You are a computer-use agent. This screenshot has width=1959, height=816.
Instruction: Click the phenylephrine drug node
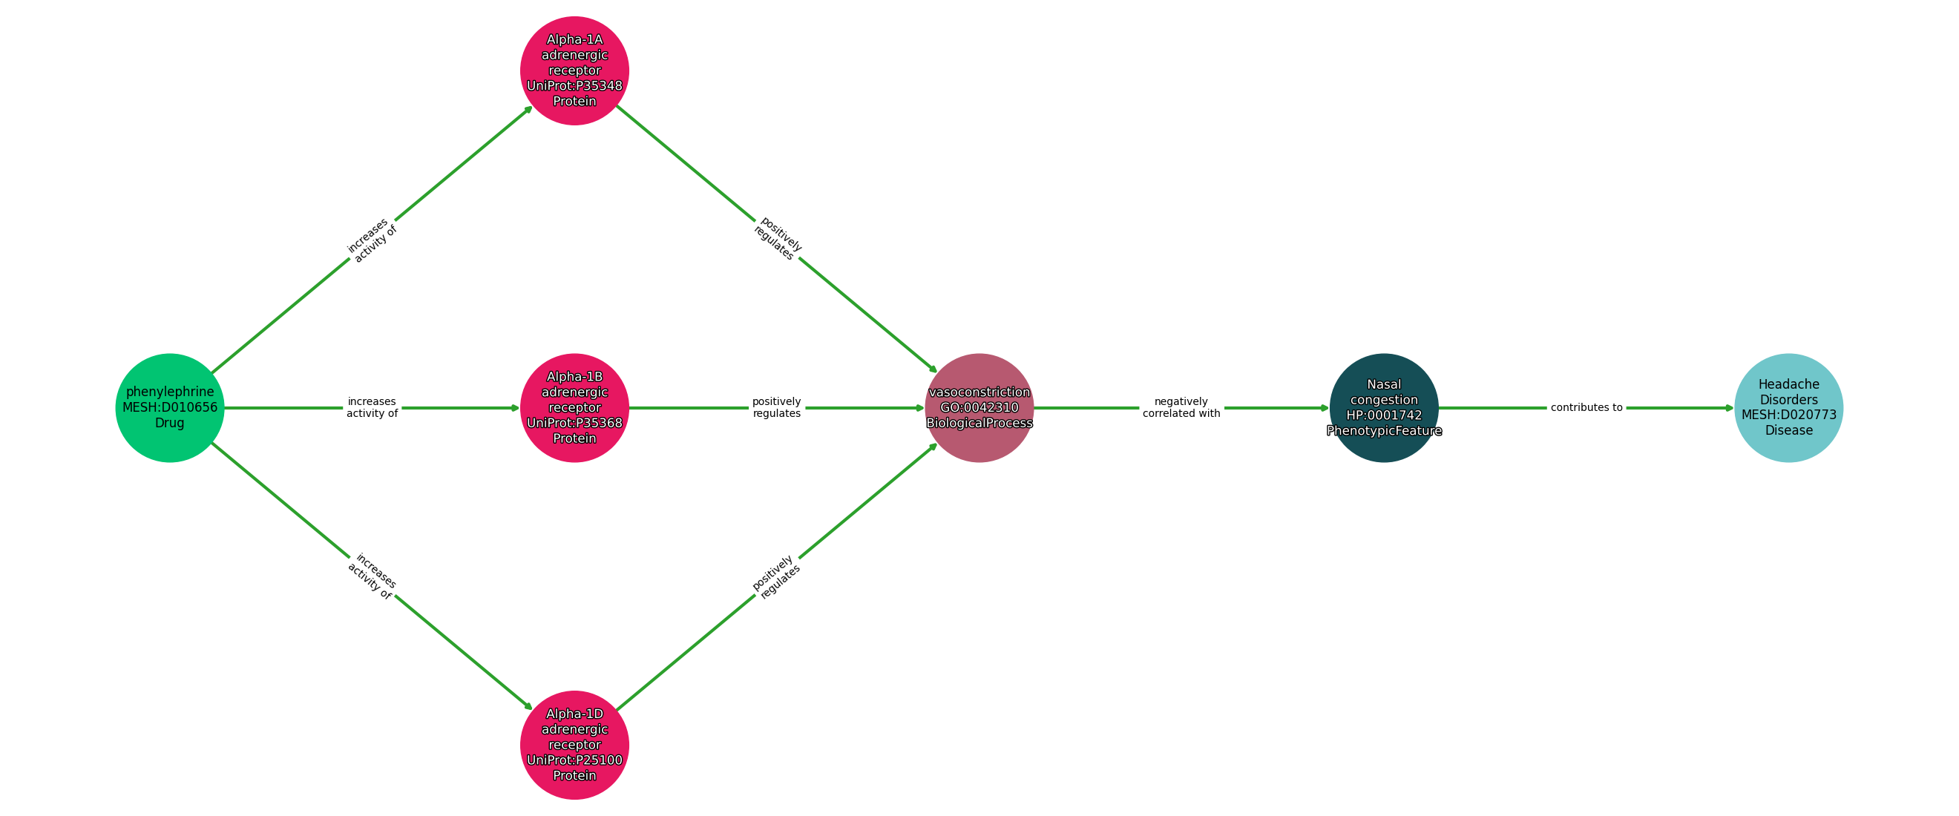(170, 407)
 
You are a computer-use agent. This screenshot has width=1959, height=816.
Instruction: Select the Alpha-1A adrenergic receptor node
(574, 70)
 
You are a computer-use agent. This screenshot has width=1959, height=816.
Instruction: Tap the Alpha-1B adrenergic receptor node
(574, 407)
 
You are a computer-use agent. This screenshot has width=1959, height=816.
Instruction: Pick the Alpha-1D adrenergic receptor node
(574, 745)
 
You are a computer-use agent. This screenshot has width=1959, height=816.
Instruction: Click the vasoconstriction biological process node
(979, 407)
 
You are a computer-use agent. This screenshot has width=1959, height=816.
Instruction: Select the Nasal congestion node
(1383, 407)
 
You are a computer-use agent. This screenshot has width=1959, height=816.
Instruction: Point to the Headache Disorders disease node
(1788, 407)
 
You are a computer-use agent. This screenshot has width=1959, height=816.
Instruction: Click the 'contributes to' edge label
(1586, 407)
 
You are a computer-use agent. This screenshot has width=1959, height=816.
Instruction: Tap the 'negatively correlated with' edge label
(1181, 407)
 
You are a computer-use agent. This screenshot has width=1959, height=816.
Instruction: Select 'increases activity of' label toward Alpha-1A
(372, 240)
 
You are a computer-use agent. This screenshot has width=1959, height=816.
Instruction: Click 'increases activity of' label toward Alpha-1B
(372, 407)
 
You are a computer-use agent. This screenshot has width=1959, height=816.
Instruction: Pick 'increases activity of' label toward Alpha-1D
(372, 576)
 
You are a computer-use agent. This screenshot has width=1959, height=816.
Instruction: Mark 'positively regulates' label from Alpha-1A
(777, 240)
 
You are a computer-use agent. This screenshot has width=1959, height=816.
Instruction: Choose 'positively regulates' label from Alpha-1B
(776, 407)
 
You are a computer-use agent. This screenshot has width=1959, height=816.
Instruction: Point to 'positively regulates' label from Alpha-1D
(776, 576)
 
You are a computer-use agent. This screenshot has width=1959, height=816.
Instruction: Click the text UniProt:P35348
(574, 86)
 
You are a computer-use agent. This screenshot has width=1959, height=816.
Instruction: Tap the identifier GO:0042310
(979, 407)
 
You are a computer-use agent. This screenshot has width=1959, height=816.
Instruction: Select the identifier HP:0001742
(1383, 415)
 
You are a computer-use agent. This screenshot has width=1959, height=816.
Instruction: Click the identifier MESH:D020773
(1788, 415)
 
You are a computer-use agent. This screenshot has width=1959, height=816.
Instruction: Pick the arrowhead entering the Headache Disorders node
(1728, 407)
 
